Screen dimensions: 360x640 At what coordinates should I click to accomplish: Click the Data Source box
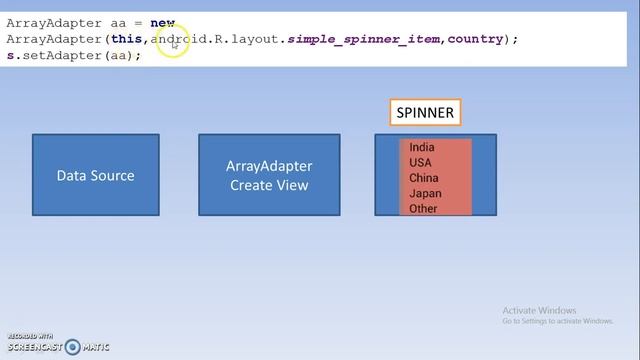coord(95,175)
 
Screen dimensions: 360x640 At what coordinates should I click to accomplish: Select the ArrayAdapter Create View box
coord(269,175)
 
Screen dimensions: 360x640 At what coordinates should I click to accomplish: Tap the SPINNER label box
coord(425,113)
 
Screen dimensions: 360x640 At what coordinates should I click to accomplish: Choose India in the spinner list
coord(422,147)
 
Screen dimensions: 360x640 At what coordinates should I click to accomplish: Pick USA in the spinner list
coord(420,162)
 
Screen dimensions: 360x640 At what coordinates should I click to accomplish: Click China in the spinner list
coord(423,178)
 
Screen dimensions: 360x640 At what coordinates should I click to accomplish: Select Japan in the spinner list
coord(424,193)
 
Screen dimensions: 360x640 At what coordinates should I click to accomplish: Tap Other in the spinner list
coord(423,208)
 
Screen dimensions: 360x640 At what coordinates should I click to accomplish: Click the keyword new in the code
coord(162,22)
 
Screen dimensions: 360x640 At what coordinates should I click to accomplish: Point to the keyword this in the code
coord(126,38)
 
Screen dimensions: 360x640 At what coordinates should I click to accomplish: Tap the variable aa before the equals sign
coord(116,22)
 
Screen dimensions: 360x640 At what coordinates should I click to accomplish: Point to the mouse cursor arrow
coord(174,43)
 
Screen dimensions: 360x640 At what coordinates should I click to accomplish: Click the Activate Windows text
coord(540,310)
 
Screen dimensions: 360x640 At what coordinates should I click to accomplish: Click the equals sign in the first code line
coord(137,22)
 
